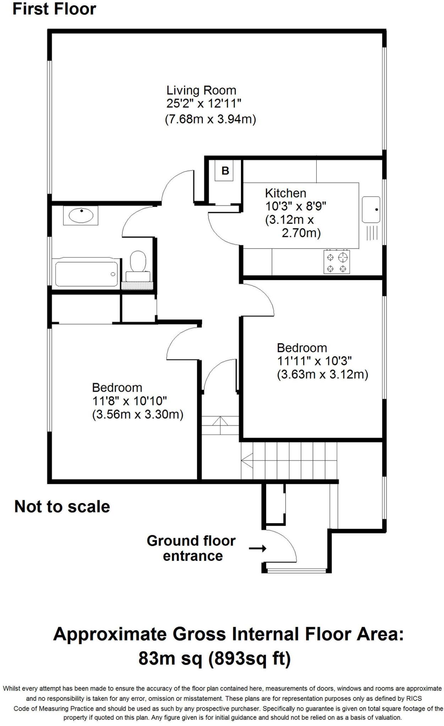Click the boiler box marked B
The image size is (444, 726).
[225, 171]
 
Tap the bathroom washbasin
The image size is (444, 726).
[81, 215]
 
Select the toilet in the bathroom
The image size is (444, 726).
[138, 262]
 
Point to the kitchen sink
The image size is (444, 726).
[371, 210]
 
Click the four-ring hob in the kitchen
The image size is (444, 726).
[336, 262]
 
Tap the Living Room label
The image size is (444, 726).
[201, 90]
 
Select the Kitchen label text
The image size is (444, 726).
[285, 193]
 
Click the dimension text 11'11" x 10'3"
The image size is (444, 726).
[314, 361]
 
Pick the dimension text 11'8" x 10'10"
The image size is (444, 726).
[130, 401]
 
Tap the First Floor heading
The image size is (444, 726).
[54, 9]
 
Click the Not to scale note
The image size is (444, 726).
[62, 507]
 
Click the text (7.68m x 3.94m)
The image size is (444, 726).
[210, 119]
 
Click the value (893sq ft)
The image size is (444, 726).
[249, 659]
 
